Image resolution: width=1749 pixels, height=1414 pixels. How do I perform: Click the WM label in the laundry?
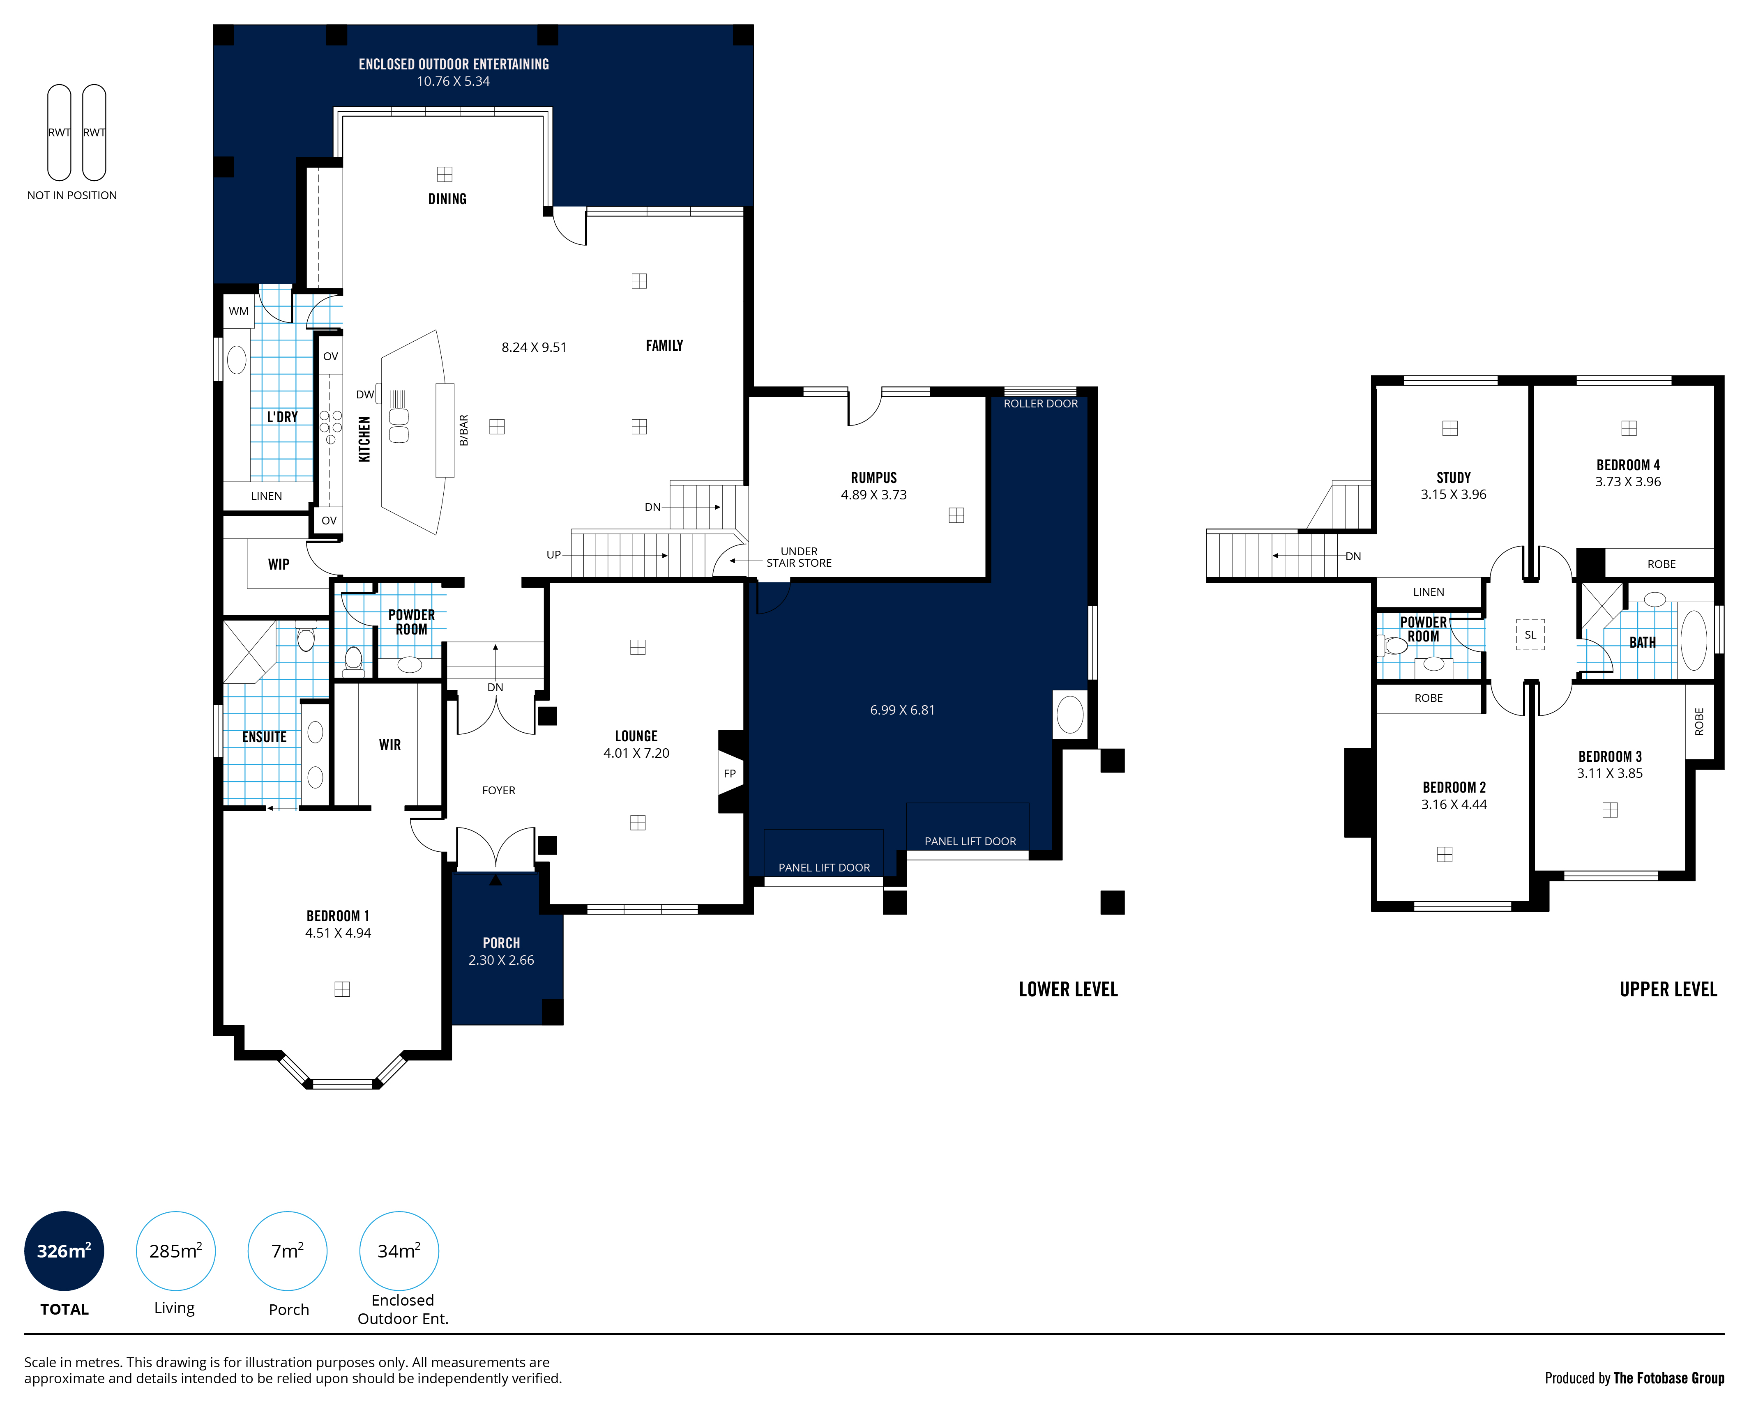coord(239,311)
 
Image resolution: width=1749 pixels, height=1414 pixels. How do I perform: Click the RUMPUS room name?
coord(873,478)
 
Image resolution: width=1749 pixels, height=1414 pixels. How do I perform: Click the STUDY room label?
coord(1453,478)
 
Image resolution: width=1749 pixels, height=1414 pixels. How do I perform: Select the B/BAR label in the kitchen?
coord(463,430)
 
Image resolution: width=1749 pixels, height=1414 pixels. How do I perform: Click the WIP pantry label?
coord(279,564)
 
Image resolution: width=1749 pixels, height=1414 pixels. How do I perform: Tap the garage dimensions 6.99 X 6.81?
coord(902,710)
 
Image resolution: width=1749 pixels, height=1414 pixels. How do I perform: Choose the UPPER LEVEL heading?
coord(1668,990)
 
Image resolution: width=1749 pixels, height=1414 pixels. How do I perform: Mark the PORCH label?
coord(501,943)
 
